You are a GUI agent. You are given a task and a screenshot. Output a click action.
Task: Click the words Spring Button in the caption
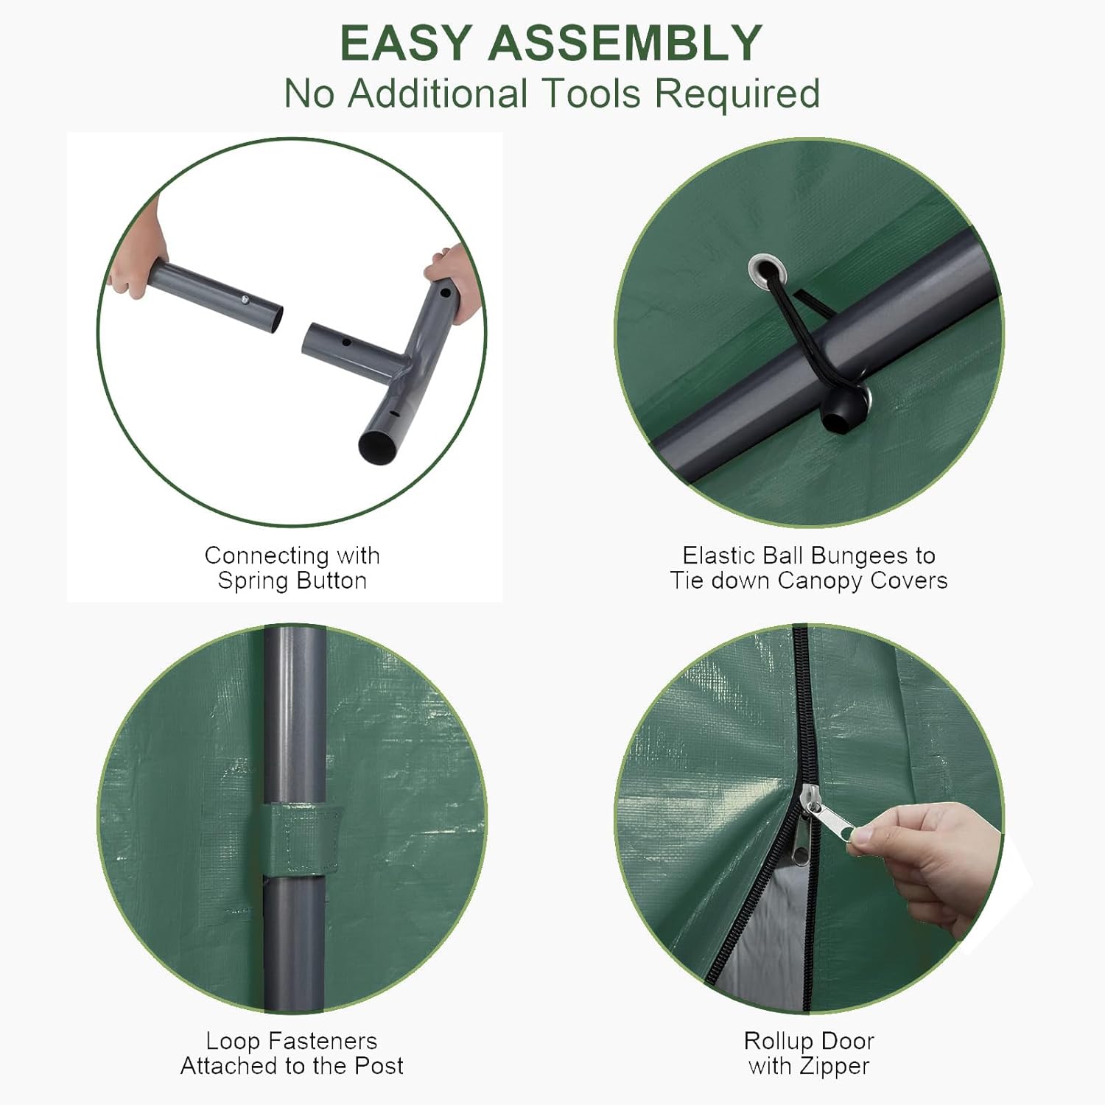(x=292, y=580)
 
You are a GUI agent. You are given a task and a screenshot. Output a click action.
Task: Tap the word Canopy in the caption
(x=820, y=581)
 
